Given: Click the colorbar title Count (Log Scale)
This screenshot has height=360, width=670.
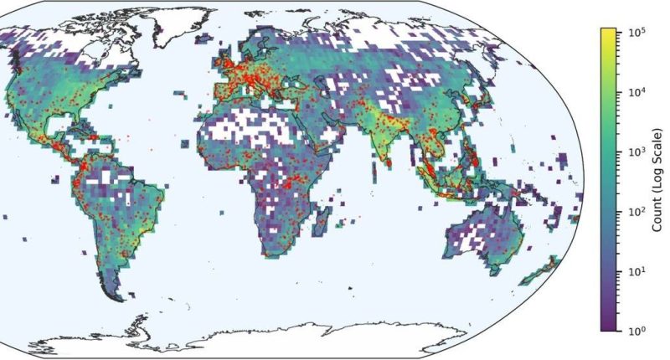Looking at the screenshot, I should coord(657,180).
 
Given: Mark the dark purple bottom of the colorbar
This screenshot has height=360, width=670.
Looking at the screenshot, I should coord(609,327).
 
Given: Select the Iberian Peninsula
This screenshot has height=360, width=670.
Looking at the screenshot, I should coord(219,90).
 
